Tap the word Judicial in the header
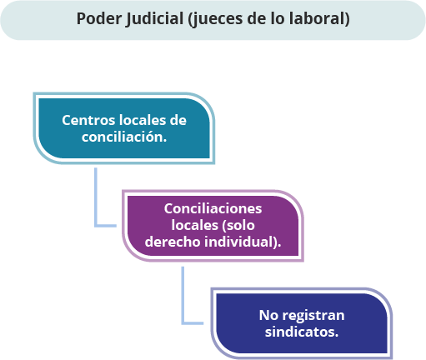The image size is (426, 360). (x=154, y=19)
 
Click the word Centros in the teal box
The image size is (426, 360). (x=88, y=120)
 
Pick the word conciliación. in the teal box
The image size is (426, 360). (x=124, y=137)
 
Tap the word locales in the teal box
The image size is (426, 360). (x=143, y=120)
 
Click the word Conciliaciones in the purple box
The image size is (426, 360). (x=213, y=208)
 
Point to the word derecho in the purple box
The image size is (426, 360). (x=173, y=242)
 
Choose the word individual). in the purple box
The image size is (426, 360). (x=243, y=242)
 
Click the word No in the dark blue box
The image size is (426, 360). (x=268, y=315)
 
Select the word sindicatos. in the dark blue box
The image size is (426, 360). (x=302, y=332)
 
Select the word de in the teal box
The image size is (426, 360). (x=178, y=120)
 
